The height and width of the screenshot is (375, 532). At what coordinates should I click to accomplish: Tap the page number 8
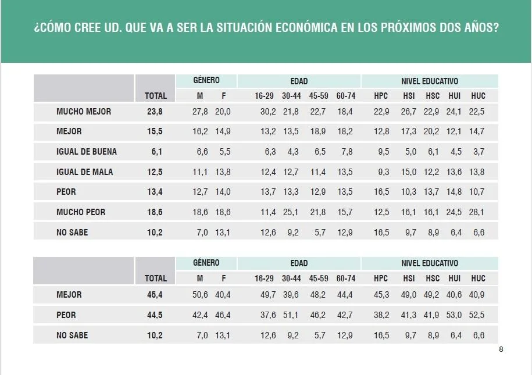click(x=501, y=349)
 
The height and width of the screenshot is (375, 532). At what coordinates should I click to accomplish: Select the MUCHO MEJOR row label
click(x=84, y=112)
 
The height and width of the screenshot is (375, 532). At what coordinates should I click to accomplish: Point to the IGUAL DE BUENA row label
click(x=87, y=152)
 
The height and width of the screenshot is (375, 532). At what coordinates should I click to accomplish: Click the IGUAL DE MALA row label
click(x=85, y=172)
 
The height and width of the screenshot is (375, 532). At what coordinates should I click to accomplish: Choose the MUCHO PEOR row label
click(x=81, y=212)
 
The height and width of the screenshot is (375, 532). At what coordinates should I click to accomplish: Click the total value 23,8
click(x=155, y=112)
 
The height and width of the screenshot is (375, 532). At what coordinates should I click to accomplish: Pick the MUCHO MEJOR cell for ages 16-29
click(x=268, y=112)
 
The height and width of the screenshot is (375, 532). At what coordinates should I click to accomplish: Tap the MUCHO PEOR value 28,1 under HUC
click(x=477, y=212)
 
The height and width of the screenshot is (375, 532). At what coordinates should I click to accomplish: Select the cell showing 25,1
click(x=290, y=212)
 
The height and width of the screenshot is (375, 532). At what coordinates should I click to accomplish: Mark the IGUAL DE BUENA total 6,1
click(x=157, y=152)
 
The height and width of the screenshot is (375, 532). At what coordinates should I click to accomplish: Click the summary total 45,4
click(x=155, y=295)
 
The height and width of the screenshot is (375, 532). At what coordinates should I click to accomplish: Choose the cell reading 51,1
click(x=290, y=315)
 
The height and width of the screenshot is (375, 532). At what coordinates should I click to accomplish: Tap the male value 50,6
click(x=199, y=295)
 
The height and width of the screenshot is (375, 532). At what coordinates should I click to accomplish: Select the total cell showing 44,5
click(x=155, y=315)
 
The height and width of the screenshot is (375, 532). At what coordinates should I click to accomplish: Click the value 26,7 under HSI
click(x=409, y=112)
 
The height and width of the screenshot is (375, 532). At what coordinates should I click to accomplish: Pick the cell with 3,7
click(x=478, y=152)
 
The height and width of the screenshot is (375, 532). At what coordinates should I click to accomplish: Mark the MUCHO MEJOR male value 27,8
click(x=199, y=112)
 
